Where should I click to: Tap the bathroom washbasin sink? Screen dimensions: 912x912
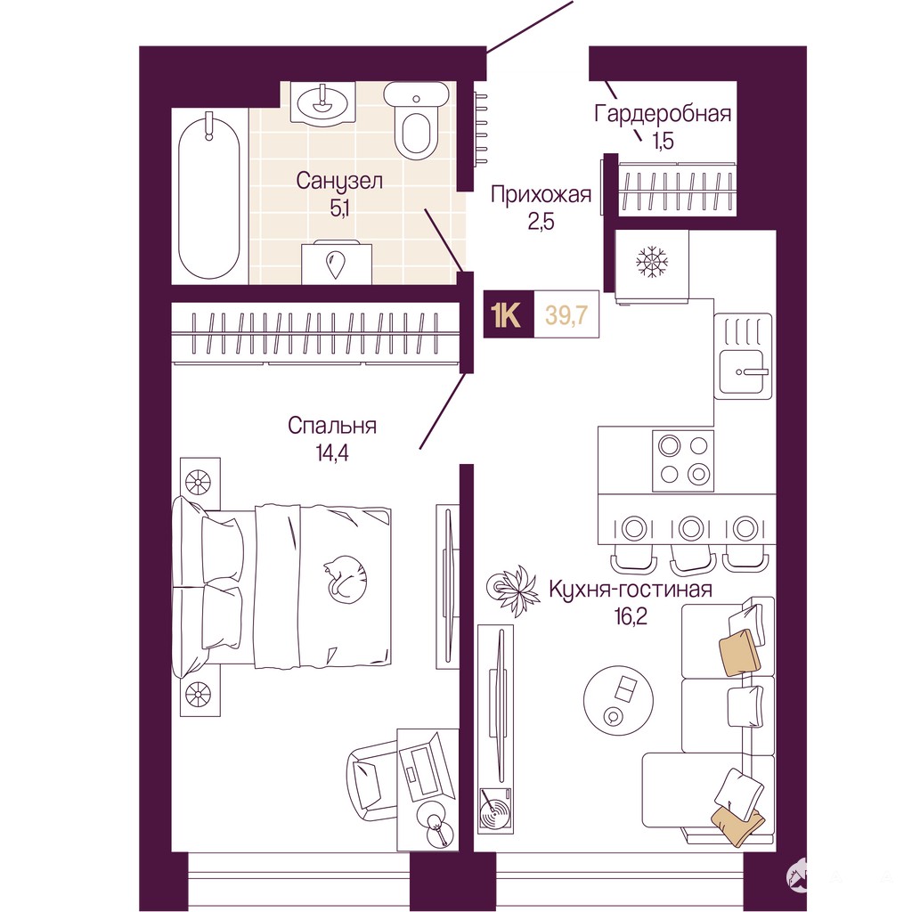(322, 102)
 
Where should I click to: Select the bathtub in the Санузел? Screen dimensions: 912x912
(208, 198)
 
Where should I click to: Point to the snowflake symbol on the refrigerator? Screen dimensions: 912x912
(651, 261)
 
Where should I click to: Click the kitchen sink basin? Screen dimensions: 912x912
(743, 371)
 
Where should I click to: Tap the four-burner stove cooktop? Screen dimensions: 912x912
(683, 460)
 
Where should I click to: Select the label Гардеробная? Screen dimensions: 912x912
(662, 113)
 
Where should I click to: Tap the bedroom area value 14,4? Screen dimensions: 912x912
(332, 453)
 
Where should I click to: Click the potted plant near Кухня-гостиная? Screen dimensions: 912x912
(513, 586)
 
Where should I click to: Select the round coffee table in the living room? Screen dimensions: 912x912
(619, 700)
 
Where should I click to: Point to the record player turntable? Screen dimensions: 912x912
(495, 809)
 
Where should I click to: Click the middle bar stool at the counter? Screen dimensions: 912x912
(690, 544)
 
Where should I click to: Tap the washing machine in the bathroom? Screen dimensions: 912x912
(336, 263)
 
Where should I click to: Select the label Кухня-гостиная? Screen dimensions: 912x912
(631, 590)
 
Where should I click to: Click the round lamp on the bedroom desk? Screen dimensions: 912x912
(438, 825)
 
